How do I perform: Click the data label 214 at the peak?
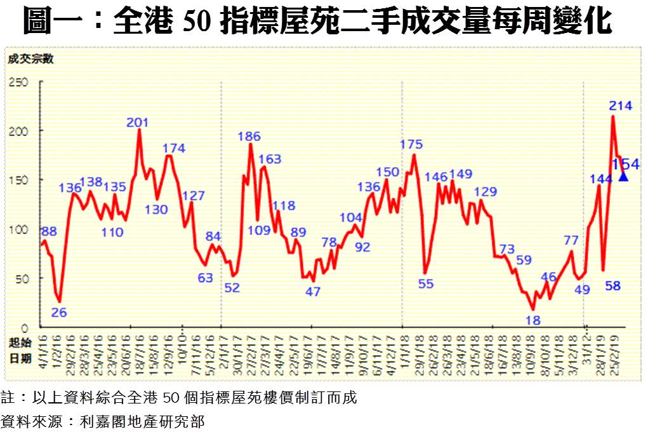tap(620, 106)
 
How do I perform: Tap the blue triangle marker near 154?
tap(623, 177)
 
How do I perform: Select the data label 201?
tap(138, 123)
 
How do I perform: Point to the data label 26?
tap(59, 312)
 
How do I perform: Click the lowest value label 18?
tap(533, 320)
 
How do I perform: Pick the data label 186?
tap(249, 136)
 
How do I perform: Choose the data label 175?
tap(411, 144)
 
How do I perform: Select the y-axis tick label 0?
tap(26, 327)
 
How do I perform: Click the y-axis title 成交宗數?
tap(31, 60)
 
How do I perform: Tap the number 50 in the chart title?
tap(194, 22)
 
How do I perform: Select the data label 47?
tap(313, 292)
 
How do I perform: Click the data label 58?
tap(613, 286)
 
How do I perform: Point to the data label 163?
tap(270, 159)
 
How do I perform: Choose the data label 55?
tap(426, 284)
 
